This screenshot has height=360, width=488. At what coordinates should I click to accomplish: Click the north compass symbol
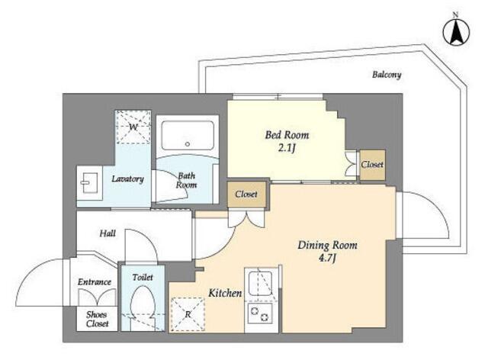tap(456, 32)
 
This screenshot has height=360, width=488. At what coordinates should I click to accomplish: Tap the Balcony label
tap(387, 75)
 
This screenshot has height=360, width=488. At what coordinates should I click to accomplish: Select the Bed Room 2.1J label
tap(287, 141)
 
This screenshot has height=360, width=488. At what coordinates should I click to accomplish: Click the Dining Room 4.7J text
tap(327, 252)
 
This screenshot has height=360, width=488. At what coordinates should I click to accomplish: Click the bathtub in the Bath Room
tap(188, 136)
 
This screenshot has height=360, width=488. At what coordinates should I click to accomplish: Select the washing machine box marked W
tap(133, 127)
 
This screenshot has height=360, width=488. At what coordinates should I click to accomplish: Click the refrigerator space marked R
tap(188, 314)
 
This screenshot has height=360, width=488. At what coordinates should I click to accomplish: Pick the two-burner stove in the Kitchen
tap(260, 313)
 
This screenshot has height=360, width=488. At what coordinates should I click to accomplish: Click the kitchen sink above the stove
tap(260, 283)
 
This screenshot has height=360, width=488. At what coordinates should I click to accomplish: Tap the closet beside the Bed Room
tap(373, 165)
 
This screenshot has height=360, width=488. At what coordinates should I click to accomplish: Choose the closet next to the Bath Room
tap(246, 194)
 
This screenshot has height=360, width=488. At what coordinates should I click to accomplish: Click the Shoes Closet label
tap(97, 320)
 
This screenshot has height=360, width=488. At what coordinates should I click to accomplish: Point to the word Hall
tap(108, 233)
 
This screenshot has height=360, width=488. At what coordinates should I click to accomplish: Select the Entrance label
tap(95, 282)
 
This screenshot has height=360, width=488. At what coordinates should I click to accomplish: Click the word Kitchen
tap(225, 293)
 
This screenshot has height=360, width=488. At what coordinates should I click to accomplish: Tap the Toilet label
tap(143, 277)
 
